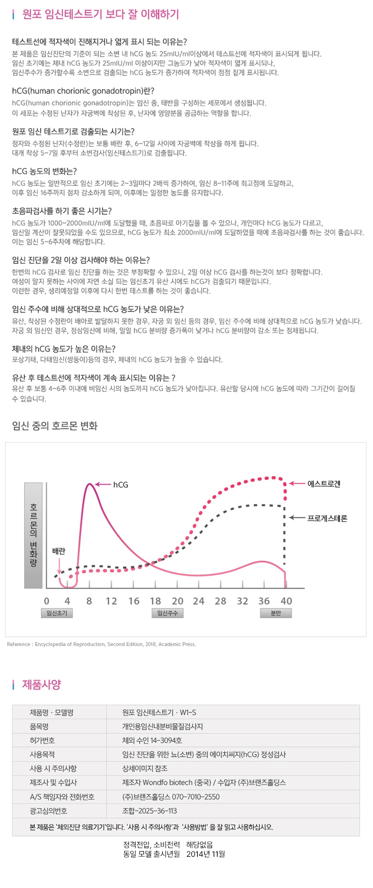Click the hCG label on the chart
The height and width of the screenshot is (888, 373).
coord(121,485)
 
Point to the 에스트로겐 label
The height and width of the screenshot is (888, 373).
coord(324,484)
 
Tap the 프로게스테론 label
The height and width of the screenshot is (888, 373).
coord(327,518)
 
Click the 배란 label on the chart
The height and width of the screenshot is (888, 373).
coord(59,551)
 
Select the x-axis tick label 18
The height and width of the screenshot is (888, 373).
coord(155,601)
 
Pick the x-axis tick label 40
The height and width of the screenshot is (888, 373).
coord(286,601)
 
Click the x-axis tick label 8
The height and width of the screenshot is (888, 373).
coord(89,601)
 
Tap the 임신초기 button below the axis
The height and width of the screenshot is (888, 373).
coord(57,613)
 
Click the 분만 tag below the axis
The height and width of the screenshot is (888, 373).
coord(276,613)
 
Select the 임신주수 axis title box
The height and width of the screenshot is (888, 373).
coord(167,613)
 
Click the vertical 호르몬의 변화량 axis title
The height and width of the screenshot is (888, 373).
coord(33,535)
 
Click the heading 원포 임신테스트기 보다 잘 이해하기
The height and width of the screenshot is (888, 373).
coord(100,14)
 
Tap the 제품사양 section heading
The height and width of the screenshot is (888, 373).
coord(42,684)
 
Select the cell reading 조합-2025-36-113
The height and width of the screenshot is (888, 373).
coord(149,811)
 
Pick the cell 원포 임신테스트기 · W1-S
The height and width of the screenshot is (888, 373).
coord(159,712)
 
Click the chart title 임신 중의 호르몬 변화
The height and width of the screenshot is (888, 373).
coord(55,426)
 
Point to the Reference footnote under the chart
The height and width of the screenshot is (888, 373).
coord(101,644)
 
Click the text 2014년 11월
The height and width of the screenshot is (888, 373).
coord(206,854)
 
